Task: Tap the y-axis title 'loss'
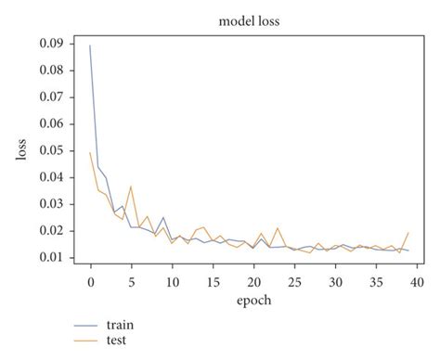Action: point(21,148)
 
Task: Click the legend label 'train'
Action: point(120,326)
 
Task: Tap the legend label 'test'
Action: point(117,341)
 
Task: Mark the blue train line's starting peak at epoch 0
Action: point(90,45)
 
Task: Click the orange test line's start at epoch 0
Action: point(90,153)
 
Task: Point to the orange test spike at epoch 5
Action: point(131,186)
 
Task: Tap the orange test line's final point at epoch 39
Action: point(408,233)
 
